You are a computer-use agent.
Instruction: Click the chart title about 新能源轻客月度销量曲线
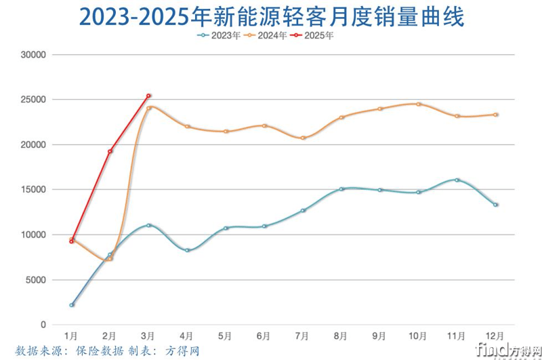point(271,16)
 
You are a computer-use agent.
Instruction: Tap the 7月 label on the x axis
point(303,336)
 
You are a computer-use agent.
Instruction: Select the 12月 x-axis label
point(495,336)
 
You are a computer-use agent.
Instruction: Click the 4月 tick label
point(187,336)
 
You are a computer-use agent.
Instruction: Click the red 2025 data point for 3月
point(148,96)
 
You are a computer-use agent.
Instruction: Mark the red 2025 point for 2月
point(110,151)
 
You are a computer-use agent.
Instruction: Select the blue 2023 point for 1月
point(71,305)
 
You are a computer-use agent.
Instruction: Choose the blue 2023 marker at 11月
point(457,180)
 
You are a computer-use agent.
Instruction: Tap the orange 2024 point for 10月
point(419,104)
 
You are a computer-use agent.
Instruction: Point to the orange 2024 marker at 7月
point(303,138)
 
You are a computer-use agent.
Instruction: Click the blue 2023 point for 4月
point(187,250)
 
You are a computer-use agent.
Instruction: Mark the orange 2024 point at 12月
point(496,115)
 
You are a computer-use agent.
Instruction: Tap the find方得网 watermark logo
point(507,349)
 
